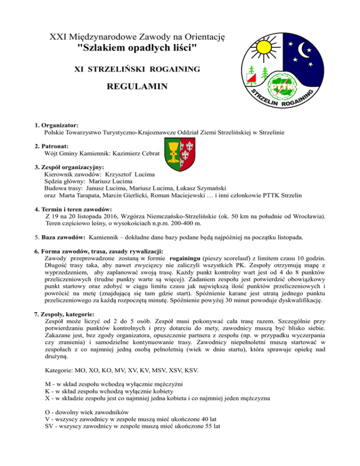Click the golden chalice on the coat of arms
170,148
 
